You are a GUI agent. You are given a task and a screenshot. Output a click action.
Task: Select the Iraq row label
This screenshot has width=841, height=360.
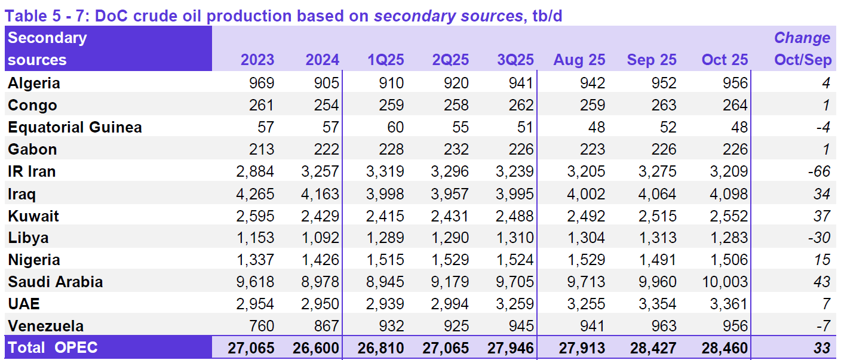click(22, 193)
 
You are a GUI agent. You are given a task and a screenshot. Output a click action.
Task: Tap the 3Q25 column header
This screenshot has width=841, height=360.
click(515, 60)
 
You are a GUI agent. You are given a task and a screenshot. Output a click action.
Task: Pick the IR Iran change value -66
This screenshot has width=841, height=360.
click(818, 171)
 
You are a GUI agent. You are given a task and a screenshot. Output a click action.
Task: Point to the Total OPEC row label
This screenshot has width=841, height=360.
click(53, 348)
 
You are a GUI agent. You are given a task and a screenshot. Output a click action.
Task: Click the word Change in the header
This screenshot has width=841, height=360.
click(802, 38)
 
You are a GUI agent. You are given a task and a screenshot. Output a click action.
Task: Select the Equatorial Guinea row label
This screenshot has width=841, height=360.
click(75, 127)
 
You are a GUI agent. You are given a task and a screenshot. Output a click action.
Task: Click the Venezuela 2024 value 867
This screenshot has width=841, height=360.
click(325, 326)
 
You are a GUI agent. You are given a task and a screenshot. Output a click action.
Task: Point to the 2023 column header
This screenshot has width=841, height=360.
click(257, 60)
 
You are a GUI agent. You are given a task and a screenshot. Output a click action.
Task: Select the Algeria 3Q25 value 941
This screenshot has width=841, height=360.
click(520, 83)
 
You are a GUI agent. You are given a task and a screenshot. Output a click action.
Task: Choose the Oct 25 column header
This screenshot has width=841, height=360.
click(725, 60)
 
